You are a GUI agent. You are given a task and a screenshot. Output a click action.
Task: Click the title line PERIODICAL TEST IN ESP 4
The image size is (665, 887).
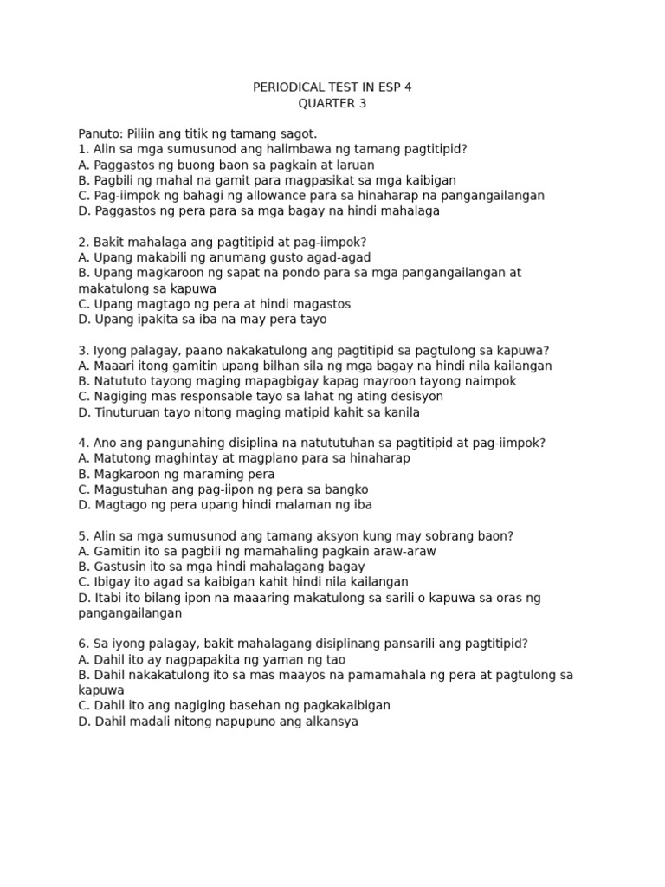(326, 87)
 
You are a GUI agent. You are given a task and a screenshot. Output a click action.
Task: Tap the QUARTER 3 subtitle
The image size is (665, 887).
(326, 103)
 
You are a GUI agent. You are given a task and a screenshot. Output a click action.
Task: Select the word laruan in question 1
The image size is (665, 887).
(352, 165)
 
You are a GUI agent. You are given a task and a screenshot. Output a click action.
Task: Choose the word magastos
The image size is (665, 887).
(323, 304)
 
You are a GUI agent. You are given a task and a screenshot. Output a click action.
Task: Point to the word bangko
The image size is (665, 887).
(346, 489)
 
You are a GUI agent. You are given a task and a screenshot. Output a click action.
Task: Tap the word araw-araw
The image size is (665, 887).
(403, 551)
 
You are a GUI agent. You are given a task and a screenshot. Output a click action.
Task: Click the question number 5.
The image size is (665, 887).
(82, 535)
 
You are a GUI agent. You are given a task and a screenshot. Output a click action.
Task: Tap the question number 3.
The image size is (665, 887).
(82, 350)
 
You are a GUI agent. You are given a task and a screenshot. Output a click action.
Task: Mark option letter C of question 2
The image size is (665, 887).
(83, 304)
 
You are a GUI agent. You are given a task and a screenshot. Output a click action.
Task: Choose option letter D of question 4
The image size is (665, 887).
(83, 505)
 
